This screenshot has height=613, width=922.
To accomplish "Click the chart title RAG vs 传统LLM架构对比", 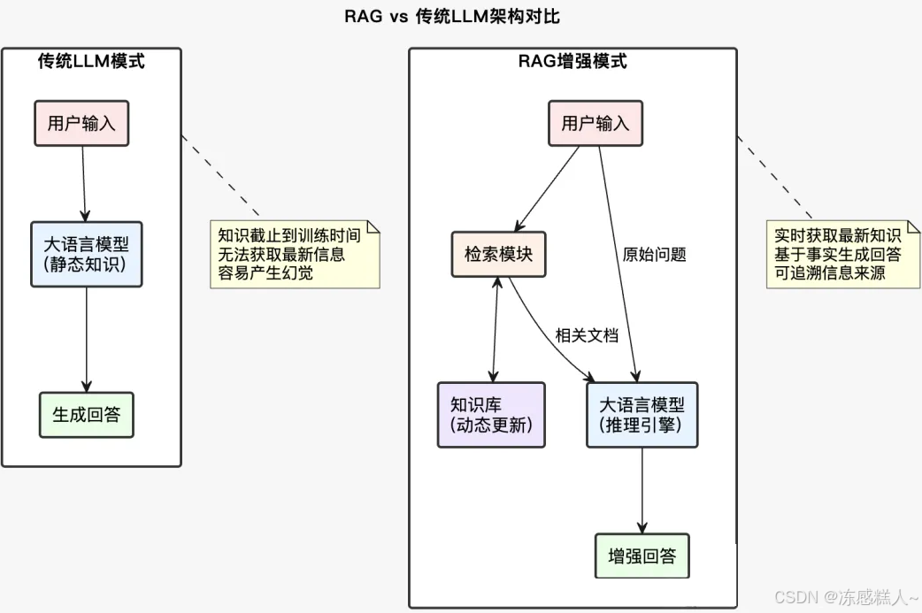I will pyautogui.click(x=451, y=17).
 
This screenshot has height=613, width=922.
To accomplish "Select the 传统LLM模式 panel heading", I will pyautogui.click(x=91, y=61).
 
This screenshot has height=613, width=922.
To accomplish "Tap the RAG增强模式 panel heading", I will pyautogui.click(x=572, y=61).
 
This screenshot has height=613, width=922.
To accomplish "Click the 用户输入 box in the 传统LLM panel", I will pyautogui.click(x=81, y=123).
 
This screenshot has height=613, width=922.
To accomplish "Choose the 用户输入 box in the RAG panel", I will pyautogui.click(x=595, y=123).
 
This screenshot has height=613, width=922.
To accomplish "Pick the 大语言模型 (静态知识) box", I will pyautogui.click(x=86, y=254).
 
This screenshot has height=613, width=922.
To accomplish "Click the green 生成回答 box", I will pyautogui.click(x=86, y=414).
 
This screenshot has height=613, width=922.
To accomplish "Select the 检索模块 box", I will pyautogui.click(x=499, y=254).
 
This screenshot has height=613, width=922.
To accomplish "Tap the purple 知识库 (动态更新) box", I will pyautogui.click(x=491, y=415).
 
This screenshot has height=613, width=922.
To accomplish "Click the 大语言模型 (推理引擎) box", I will pyautogui.click(x=642, y=415).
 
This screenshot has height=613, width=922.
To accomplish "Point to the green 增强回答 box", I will pyautogui.click(x=642, y=556).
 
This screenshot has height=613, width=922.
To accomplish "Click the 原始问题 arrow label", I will pyautogui.click(x=655, y=255).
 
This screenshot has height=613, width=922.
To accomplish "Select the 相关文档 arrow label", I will pyautogui.click(x=587, y=335).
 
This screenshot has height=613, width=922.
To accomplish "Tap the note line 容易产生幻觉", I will pyautogui.click(x=266, y=273).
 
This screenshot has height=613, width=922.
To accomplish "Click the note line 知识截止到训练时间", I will pyautogui.click(x=289, y=236).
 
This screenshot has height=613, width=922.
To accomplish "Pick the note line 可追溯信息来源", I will pyautogui.click(x=830, y=273).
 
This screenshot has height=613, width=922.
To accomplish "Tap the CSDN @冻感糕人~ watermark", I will pyautogui.click(x=846, y=597).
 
